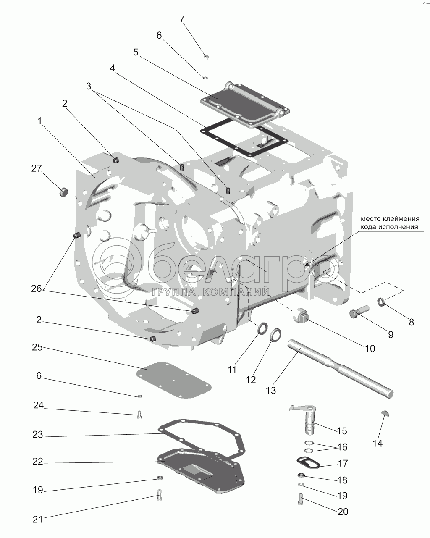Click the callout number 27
tap(37, 168)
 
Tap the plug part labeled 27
tap(63, 192)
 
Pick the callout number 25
tap(37, 347)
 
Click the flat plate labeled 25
tap(173, 380)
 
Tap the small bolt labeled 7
tap(206, 60)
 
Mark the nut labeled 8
tap(381, 301)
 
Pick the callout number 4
tap(113, 68)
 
